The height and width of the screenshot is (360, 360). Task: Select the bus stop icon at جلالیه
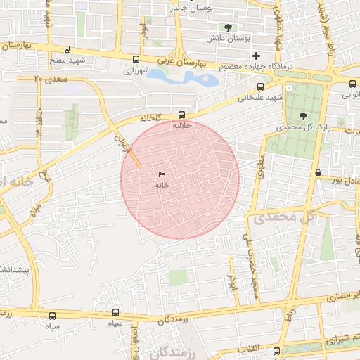tap(182, 114)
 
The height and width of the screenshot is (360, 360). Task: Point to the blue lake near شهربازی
tap(184, 77)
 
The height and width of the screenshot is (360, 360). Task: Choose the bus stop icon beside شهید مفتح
tap(67, 49)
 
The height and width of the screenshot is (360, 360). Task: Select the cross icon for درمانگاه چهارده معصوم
tap(257, 55)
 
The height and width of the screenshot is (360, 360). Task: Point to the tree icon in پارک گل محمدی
tap(303, 116)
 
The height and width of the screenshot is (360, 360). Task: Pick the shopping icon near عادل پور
tap(318, 172)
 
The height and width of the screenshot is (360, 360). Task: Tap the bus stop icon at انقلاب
tap(276, 350)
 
